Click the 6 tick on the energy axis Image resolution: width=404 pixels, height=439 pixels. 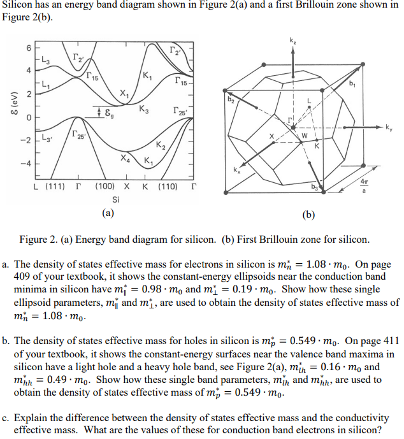coord(28,48)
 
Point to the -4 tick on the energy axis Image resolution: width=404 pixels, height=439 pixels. coord(26,162)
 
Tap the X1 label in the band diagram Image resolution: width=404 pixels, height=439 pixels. coord(125,94)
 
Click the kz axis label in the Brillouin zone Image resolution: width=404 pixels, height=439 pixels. coord(292,41)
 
